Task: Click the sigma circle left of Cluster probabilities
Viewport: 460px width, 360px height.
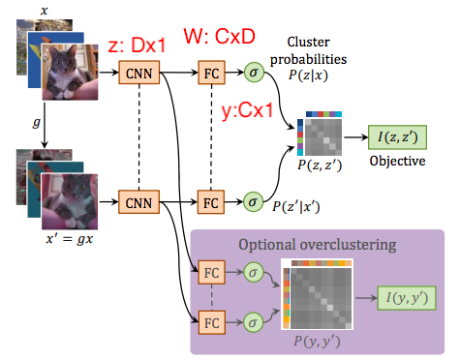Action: click(x=254, y=72)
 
